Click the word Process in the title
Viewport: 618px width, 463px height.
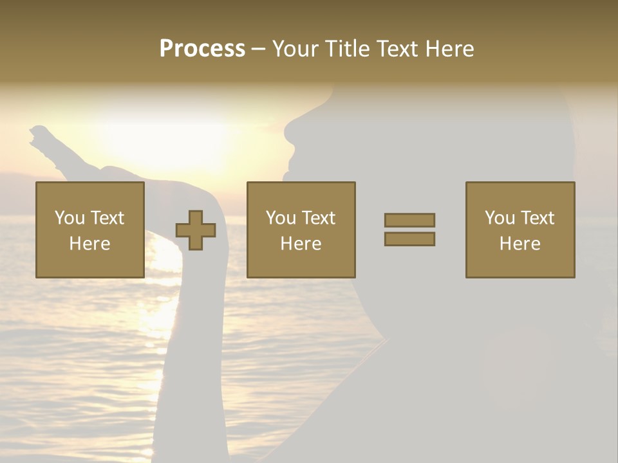[202, 49]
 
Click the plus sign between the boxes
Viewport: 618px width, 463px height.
[196, 230]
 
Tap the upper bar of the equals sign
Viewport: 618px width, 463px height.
[409, 220]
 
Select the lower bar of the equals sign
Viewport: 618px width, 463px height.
[409, 239]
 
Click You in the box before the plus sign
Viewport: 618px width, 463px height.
[69, 218]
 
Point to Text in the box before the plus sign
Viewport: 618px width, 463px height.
[107, 218]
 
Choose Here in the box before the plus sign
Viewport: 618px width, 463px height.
[89, 244]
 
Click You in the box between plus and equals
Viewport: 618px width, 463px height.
[281, 218]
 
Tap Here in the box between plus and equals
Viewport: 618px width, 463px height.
[301, 244]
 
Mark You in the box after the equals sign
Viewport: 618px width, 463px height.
[500, 218]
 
